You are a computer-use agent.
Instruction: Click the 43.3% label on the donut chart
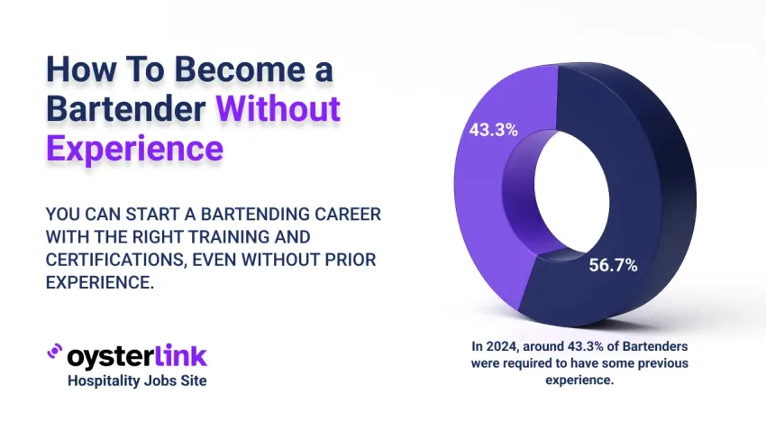click(493, 130)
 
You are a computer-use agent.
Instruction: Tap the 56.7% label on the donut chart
click(613, 265)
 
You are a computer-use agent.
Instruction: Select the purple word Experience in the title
click(134, 147)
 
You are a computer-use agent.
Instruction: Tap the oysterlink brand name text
click(137, 355)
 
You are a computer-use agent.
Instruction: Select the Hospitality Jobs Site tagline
click(137, 381)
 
